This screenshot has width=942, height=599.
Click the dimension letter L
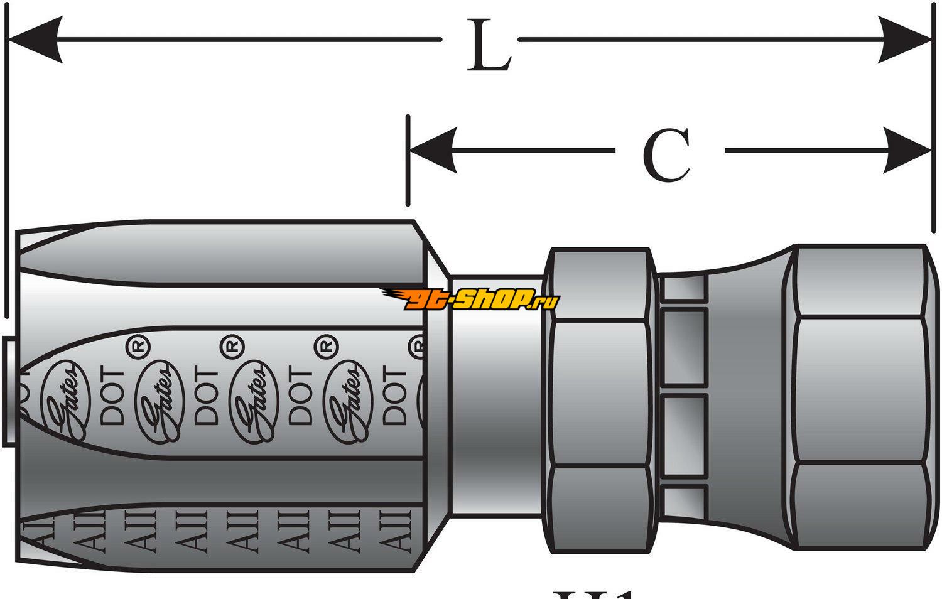click(x=488, y=45)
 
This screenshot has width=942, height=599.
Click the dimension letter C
click(x=667, y=154)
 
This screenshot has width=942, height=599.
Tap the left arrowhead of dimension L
click(x=35, y=39)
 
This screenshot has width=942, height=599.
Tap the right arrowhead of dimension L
click(x=904, y=39)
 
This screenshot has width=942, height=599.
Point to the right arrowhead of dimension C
click(x=907, y=150)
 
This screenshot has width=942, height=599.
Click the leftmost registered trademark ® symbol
click(x=137, y=346)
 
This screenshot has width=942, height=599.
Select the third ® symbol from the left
click(x=325, y=346)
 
